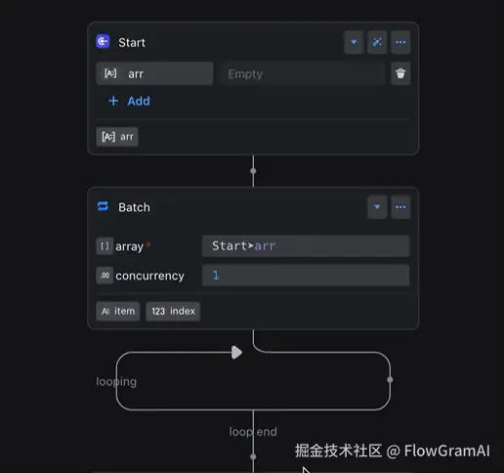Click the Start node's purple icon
click(x=103, y=41)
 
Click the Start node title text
click(x=132, y=43)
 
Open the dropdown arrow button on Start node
click(x=354, y=42)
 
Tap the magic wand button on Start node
click(x=377, y=42)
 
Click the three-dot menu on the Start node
click(x=400, y=42)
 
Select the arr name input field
click(x=154, y=73)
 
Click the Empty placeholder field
click(x=302, y=73)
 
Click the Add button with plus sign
click(x=129, y=101)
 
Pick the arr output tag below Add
click(x=117, y=137)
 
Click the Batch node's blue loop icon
click(x=103, y=206)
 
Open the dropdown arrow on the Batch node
click(x=377, y=207)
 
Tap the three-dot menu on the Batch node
click(x=400, y=207)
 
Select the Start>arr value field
click(x=306, y=246)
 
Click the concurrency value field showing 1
click(x=306, y=276)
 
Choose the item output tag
click(x=118, y=312)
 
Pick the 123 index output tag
click(x=173, y=312)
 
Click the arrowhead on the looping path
click(x=236, y=353)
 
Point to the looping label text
click(x=116, y=382)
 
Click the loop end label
click(x=253, y=432)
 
